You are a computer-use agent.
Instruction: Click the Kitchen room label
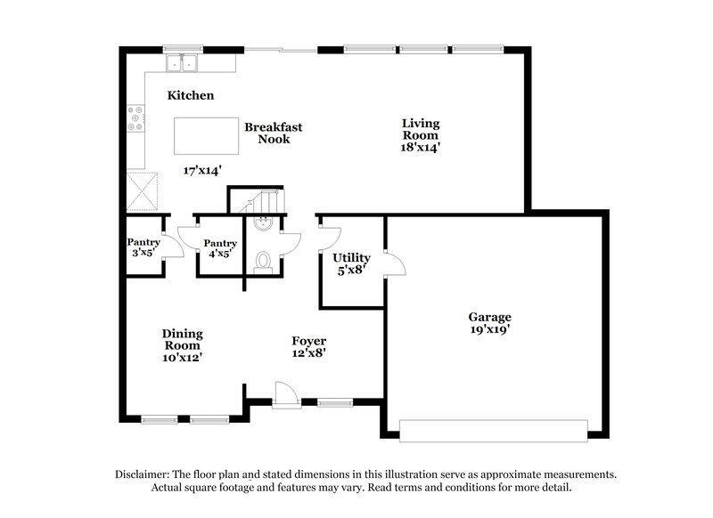(x=190, y=95)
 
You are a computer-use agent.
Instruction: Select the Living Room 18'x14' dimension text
(x=422, y=148)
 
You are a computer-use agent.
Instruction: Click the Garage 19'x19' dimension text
(x=490, y=329)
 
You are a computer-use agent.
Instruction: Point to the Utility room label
(x=351, y=258)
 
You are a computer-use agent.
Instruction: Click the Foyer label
(x=309, y=341)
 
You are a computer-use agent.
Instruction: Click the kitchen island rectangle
(x=203, y=135)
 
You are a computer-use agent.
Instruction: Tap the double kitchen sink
(x=184, y=63)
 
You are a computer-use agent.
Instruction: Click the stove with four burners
(x=137, y=119)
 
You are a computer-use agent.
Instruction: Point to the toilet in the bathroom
(x=263, y=260)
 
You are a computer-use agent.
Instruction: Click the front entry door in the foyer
(x=285, y=394)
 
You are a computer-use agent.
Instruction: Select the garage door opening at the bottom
(x=494, y=429)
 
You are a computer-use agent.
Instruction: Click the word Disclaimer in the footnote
(x=143, y=475)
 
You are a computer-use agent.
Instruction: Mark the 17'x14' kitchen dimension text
(x=201, y=170)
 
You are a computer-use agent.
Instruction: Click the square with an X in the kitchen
(x=143, y=188)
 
